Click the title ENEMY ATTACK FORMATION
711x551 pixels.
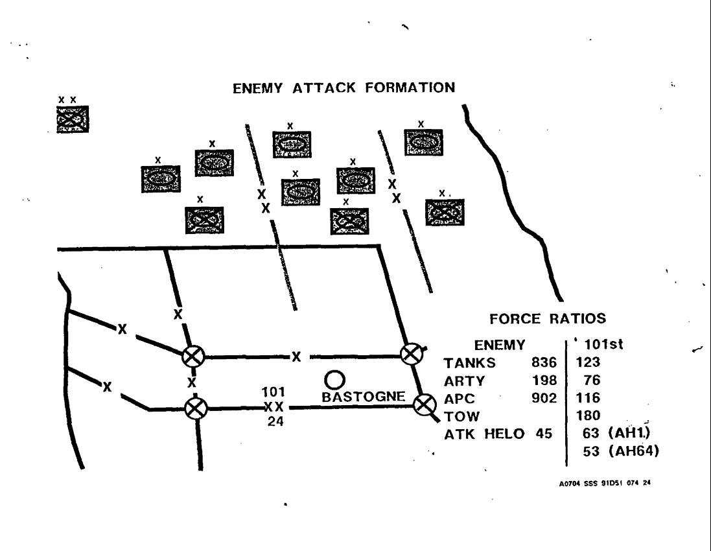pos(343,88)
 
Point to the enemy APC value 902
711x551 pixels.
pos(543,397)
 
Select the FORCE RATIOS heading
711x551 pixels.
pos(548,319)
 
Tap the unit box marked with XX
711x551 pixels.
pos(72,119)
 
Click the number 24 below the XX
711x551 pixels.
pos(274,421)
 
